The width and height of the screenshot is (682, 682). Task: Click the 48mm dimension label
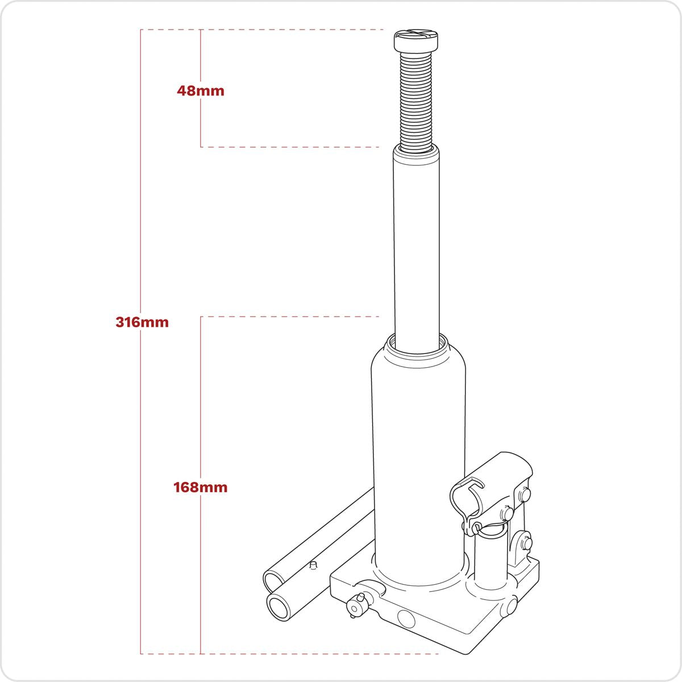[x=200, y=90]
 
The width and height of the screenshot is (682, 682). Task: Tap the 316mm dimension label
[x=142, y=322]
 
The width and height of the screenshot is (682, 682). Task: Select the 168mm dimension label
[x=200, y=487]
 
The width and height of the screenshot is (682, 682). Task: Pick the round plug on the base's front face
[x=406, y=618]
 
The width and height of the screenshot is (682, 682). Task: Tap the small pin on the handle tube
[x=311, y=564]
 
